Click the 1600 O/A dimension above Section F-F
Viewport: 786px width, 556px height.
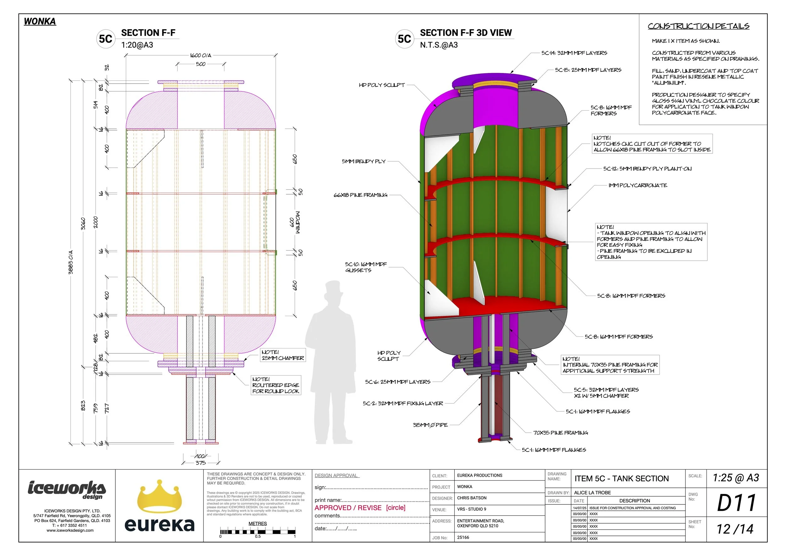[201, 55]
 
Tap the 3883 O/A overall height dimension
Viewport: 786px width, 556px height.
[71, 262]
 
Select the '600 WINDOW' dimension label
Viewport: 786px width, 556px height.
[295, 222]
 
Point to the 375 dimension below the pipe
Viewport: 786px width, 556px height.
[201, 463]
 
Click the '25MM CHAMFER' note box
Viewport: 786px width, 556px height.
[282, 355]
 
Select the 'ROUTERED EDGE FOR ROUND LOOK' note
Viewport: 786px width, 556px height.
[276, 385]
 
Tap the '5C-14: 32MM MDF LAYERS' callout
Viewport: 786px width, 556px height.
[574, 53]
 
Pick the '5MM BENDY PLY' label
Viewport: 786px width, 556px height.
[363, 161]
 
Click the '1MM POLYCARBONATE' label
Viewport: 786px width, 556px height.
[637, 185]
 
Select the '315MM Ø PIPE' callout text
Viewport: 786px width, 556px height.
[430, 425]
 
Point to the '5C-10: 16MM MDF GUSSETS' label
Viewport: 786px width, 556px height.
[365, 267]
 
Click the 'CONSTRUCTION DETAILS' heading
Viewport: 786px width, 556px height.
[698, 26]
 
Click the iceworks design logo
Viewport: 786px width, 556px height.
[67, 489]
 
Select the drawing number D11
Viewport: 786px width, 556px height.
[736, 503]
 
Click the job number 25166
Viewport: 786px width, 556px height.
[463, 537]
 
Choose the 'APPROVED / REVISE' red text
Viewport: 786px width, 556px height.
[348, 508]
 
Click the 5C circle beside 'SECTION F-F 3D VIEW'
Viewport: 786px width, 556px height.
[404, 39]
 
